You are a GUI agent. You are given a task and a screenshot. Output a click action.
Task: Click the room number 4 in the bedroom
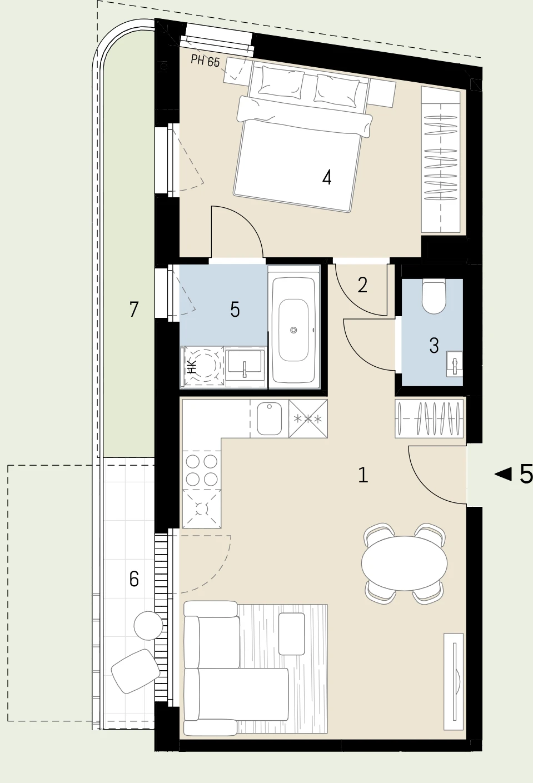click(327, 178)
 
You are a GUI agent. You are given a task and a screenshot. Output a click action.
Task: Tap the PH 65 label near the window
click(205, 61)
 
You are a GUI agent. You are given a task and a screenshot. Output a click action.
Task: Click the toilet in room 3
click(434, 296)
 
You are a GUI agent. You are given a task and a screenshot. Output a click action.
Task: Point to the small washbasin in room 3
click(455, 363)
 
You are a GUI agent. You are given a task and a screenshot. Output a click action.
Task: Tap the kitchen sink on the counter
click(269, 418)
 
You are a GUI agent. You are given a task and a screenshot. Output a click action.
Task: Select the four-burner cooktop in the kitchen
click(202, 470)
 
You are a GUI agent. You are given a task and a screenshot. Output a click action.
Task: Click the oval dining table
click(405, 563)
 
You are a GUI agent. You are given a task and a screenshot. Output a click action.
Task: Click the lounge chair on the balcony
click(135, 671)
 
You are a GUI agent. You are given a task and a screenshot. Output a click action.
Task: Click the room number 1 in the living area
click(363, 475)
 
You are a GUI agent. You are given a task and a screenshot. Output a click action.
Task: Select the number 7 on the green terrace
click(133, 310)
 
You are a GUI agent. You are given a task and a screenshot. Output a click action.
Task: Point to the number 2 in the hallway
click(362, 285)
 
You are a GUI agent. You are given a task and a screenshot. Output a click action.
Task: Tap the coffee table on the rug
click(291, 634)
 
